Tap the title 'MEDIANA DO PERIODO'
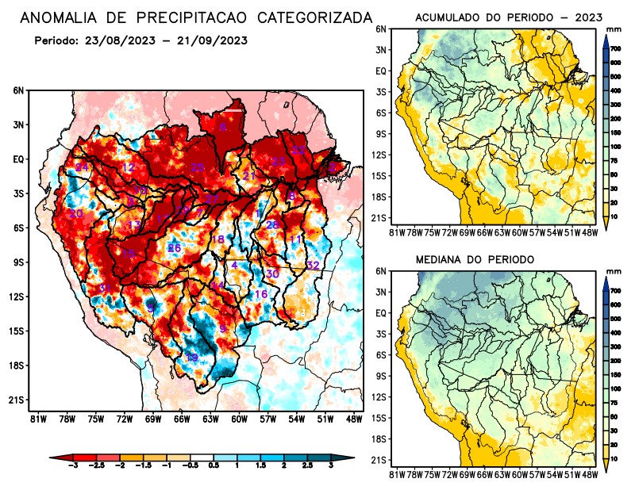[x=475, y=259]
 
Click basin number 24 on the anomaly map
[x=82, y=167]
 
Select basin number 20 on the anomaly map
[x=76, y=214]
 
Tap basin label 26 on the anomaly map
[x=175, y=248]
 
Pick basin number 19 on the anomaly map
[x=191, y=358]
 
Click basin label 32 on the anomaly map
[x=313, y=265]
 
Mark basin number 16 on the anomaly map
[x=260, y=294]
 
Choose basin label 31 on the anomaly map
[x=104, y=288]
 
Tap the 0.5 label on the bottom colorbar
[x=213, y=469]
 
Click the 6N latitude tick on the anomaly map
[x=18, y=90]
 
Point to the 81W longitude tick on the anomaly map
[x=35, y=419]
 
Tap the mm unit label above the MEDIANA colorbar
[x=613, y=271]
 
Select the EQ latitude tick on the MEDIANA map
[x=381, y=313]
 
